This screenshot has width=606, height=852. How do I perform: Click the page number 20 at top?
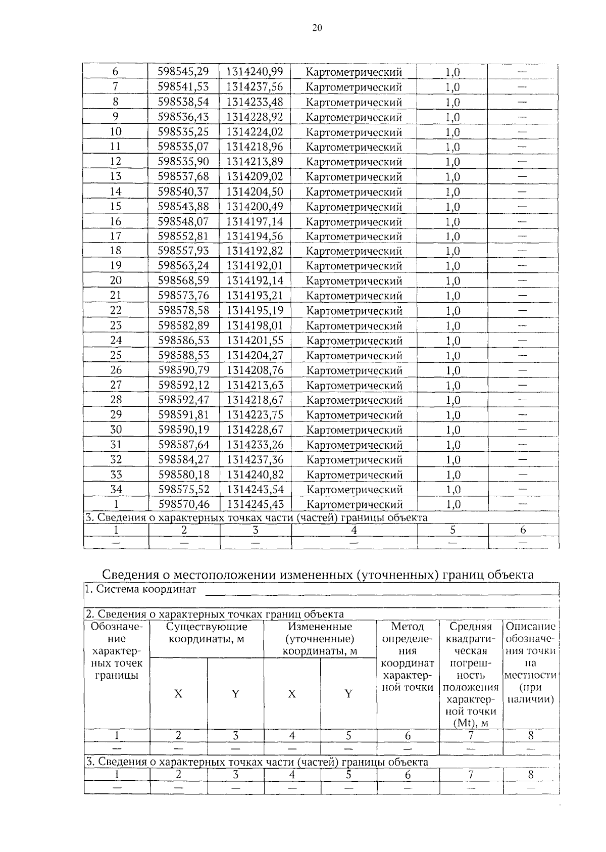coord(317,28)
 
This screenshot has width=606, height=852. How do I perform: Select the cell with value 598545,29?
coord(183,72)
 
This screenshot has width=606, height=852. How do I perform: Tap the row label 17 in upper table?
coord(116,236)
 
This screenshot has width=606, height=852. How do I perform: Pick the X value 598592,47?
coord(184,400)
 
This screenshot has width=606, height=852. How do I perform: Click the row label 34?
coord(116,489)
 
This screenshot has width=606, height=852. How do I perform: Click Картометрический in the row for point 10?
coord(354,132)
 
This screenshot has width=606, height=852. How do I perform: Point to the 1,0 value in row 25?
coord(452,355)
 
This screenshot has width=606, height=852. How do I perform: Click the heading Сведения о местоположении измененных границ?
coord(318,575)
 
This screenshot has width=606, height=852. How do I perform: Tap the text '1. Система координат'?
coord(140,589)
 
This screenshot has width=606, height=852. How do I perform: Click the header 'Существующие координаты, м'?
coord(207,633)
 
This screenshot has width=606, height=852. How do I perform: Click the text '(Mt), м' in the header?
coord(471,723)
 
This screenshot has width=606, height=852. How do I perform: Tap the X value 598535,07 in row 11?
coord(183,147)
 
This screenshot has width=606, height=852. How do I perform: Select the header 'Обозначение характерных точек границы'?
coord(117,651)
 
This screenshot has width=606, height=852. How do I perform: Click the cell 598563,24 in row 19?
coord(184,266)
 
